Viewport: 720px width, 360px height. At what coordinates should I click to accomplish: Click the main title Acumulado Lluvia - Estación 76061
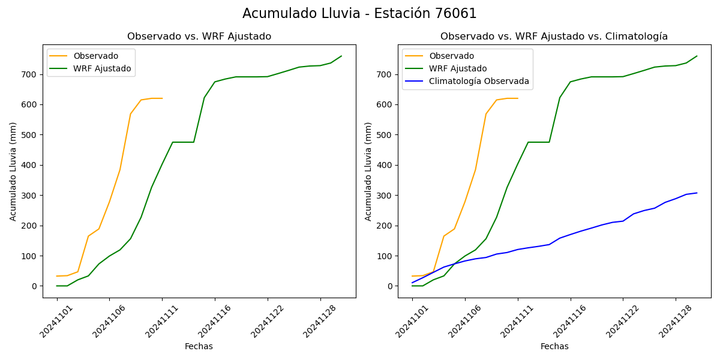coord(359,14)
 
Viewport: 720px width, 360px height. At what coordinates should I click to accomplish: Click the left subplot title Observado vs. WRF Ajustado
coord(199,37)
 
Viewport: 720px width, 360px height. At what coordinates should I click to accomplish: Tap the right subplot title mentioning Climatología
coord(554,37)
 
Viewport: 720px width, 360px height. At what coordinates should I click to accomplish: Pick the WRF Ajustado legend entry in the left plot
coord(102,68)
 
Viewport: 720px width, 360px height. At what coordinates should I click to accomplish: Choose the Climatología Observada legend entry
coord(479,81)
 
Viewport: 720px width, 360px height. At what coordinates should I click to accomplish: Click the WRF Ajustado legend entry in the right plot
coord(458,68)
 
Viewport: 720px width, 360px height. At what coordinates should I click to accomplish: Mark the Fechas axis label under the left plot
coord(199,346)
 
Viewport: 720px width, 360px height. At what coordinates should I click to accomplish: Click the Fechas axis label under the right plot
coord(554,346)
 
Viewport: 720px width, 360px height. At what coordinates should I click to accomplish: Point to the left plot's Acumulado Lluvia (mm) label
coord(13,171)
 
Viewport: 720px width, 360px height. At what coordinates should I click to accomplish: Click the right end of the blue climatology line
coord(697,193)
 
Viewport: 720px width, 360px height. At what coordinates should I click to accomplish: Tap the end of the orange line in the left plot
coord(162,98)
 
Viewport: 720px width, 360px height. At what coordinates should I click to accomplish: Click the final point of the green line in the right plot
coord(697,56)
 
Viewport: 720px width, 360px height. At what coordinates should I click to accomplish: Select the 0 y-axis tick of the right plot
coord(389,286)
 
